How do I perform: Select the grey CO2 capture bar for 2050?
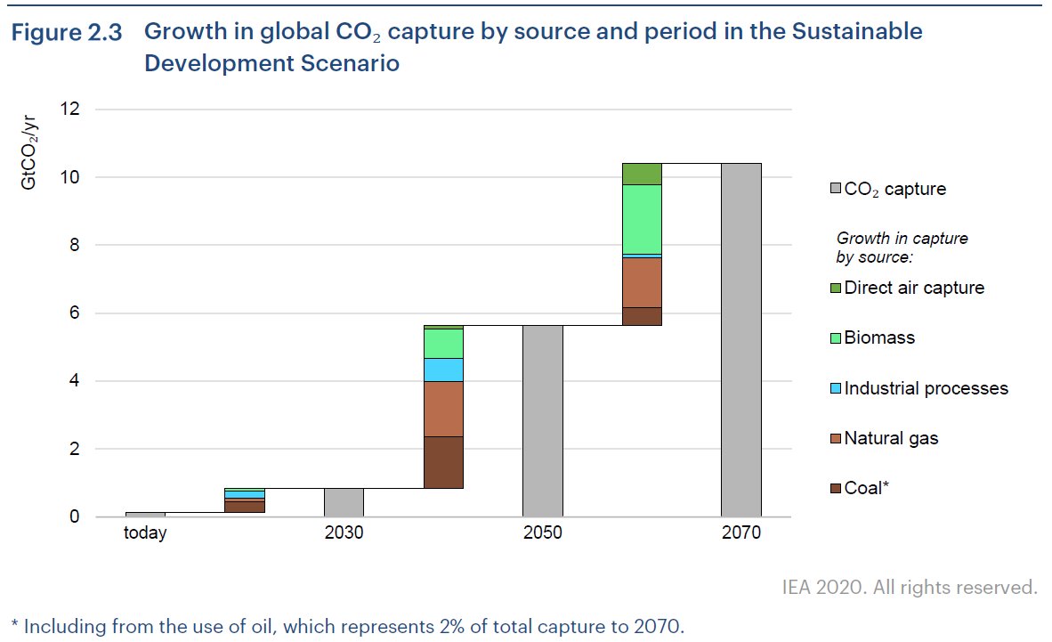click(x=542, y=421)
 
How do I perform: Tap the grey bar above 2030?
click(x=344, y=502)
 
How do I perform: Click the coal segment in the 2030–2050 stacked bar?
click(x=442, y=462)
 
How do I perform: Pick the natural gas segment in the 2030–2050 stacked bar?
click(x=442, y=409)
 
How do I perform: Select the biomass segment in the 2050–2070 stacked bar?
click(x=642, y=219)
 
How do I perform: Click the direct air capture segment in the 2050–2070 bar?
click(x=642, y=174)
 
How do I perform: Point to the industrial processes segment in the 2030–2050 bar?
click(x=442, y=370)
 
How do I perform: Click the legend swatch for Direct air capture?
click(x=834, y=288)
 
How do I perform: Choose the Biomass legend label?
click(x=879, y=338)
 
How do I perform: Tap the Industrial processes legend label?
click(x=926, y=388)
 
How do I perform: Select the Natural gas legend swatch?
click(x=834, y=439)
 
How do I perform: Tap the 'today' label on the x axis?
click(x=145, y=533)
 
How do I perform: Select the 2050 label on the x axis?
click(x=542, y=533)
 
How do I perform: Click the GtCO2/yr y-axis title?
click(x=29, y=150)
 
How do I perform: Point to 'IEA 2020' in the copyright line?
click(x=815, y=588)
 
